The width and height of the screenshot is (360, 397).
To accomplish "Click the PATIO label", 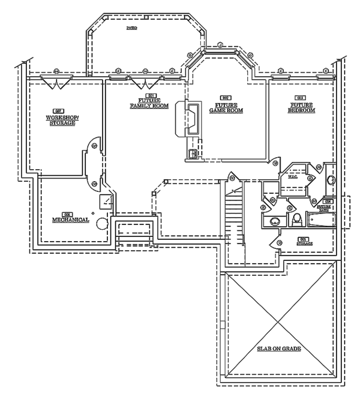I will click(131, 28).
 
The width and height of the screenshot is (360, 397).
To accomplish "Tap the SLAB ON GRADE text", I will click(280, 348).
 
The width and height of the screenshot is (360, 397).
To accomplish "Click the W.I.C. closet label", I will click(293, 177).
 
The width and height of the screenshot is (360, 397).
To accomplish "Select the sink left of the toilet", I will click(272, 220).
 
